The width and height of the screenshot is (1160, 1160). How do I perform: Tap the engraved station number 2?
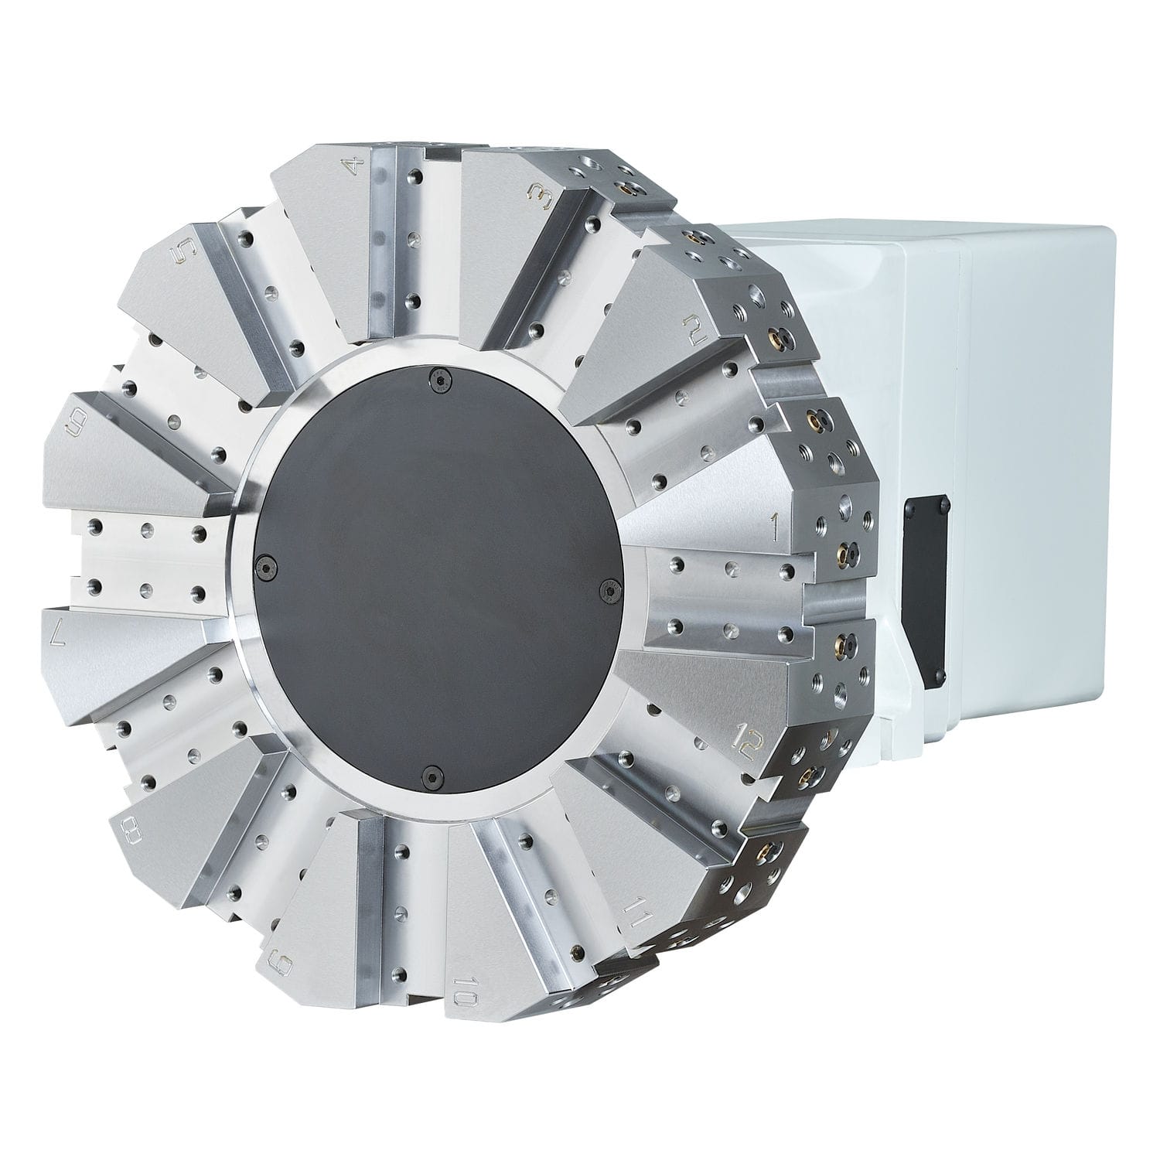pyautogui.click(x=694, y=330)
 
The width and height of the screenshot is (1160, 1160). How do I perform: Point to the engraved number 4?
pyautogui.click(x=355, y=167)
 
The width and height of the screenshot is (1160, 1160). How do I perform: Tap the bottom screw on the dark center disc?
pyautogui.click(x=430, y=774)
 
